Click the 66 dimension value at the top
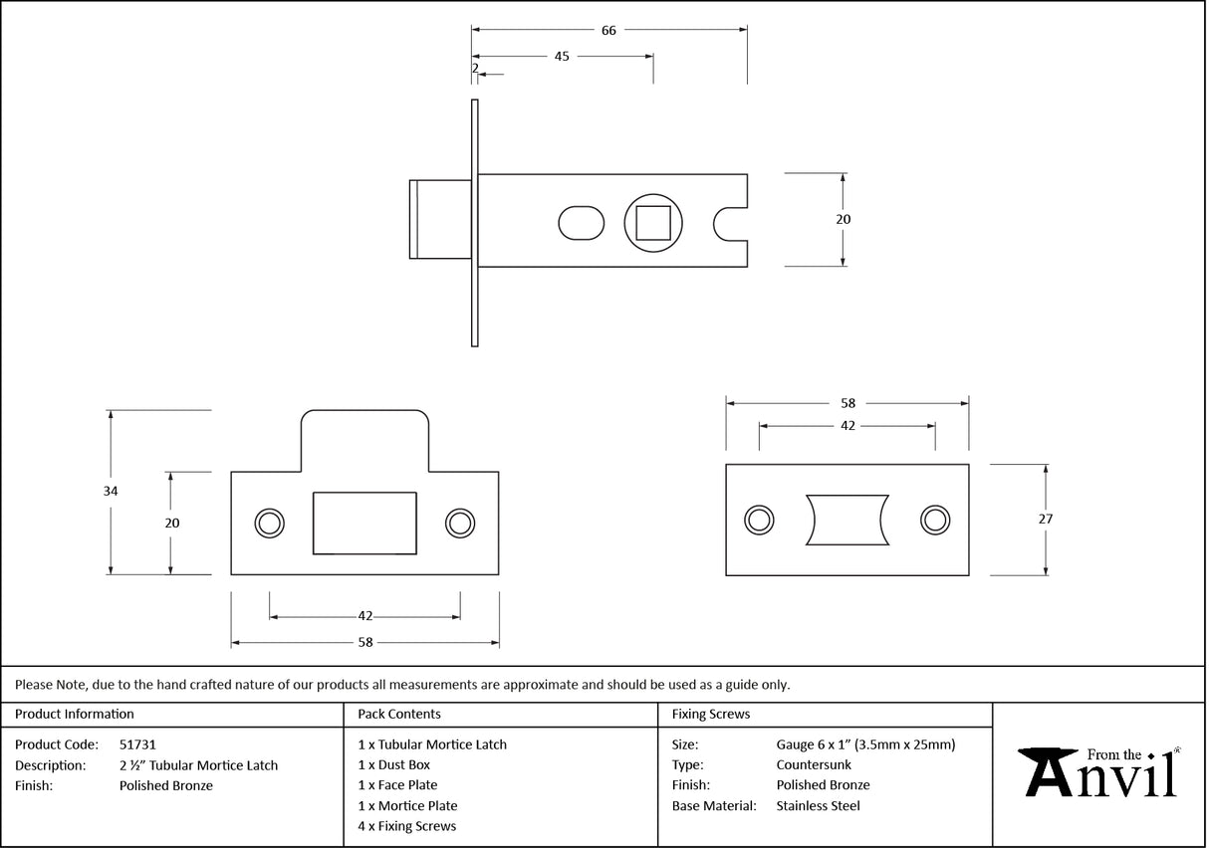tap(608, 30)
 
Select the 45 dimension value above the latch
tap(562, 57)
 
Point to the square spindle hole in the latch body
tap(652, 222)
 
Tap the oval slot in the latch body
tap(581, 222)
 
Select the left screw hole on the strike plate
tap(269, 524)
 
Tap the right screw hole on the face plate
tap(934, 519)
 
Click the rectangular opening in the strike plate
tap(364, 523)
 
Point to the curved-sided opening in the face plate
tap(846, 519)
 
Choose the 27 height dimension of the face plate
tap(1045, 519)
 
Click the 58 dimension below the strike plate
tap(365, 643)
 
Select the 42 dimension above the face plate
tap(848, 425)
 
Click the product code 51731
tap(137, 744)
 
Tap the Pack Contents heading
tap(399, 714)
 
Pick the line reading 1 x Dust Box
tap(394, 764)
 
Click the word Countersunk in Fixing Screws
tap(814, 764)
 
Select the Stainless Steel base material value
tap(818, 806)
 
